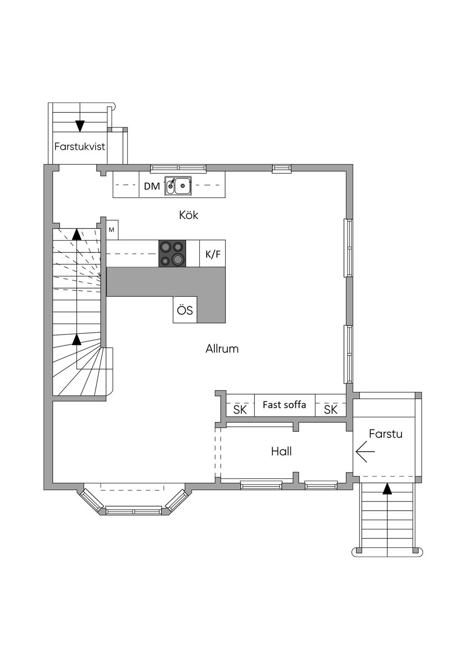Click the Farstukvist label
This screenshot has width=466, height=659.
click(x=80, y=147)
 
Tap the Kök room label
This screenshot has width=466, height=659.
click(x=188, y=215)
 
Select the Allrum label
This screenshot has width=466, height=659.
click(x=222, y=349)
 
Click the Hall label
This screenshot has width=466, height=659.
click(x=281, y=451)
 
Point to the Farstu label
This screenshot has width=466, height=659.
click(x=385, y=434)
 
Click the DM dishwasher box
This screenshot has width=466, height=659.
click(x=152, y=186)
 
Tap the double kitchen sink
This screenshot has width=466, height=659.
click(x=178, y=186)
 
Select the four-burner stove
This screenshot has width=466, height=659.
click(x=172, y=253)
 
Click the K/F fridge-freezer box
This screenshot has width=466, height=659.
click(x=213, y=253)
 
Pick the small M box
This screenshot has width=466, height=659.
click(x=111, y=230)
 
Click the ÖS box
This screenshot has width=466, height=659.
click(x=185, y=310)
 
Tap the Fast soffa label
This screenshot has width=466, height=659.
click(x=284, y=405)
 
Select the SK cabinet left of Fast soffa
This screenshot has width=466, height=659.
click(x=240, y=409)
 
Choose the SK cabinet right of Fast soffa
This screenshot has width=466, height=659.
click(x=331, y=409)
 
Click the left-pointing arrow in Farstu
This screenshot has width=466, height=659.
click(x=365, y=451)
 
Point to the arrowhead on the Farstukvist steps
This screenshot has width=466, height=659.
click(x=80, y=125)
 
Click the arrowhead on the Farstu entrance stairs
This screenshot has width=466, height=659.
click(x=387, y=489)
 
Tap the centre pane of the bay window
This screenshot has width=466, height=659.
click(x=134, y=511)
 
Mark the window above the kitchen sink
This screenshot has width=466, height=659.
click(x=178, y=168)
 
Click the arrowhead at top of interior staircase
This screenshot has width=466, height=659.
click(x=76, y=234)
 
